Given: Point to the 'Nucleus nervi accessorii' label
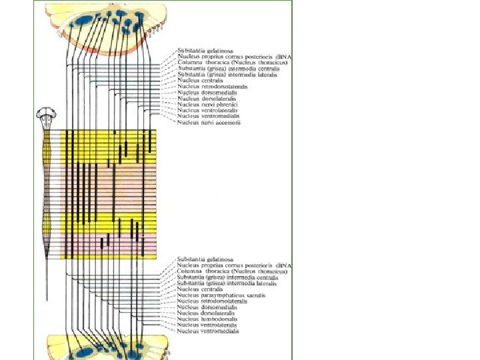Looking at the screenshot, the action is pos(209,123).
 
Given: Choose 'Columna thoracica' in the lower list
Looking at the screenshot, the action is pos(232,271).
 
